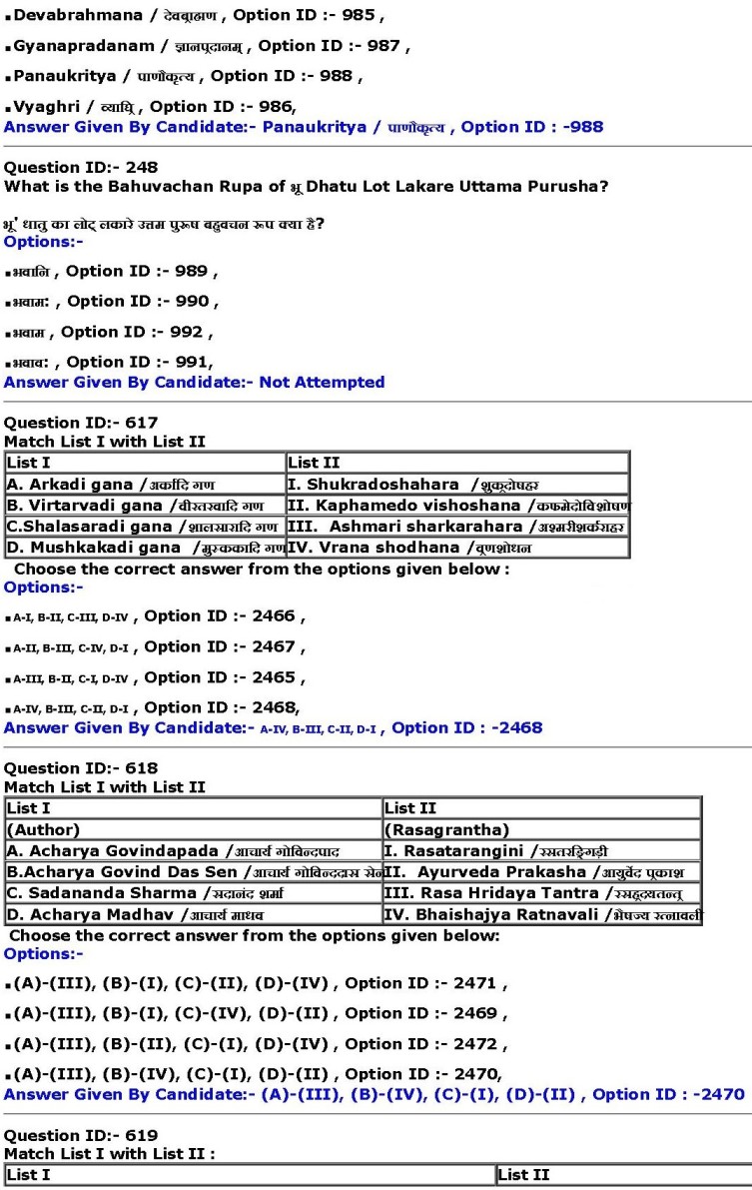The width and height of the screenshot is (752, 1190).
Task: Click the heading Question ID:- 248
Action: pos(81,167)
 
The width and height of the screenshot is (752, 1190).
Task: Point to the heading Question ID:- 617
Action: pos(81,423)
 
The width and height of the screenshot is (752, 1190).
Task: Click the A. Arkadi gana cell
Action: pos(145,485)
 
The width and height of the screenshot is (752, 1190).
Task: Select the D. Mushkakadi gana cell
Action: pos(145,548)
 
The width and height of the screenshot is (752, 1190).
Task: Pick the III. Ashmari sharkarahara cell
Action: pos(457,527)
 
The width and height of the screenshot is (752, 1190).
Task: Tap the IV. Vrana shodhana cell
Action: pos(457,548)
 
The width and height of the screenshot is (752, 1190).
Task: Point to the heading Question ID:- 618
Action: pos(81,768)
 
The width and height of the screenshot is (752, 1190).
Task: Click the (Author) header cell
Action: pos(194,829)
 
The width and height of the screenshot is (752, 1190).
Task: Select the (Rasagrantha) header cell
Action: pos(542,829)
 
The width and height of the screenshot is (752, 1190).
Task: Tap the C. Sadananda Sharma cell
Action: pos(194,892)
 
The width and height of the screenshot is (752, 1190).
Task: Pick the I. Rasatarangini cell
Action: pos(542,850)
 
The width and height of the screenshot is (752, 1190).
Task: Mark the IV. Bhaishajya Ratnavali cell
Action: pos(542,914)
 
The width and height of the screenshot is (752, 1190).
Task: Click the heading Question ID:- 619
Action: pos(81,1135)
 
